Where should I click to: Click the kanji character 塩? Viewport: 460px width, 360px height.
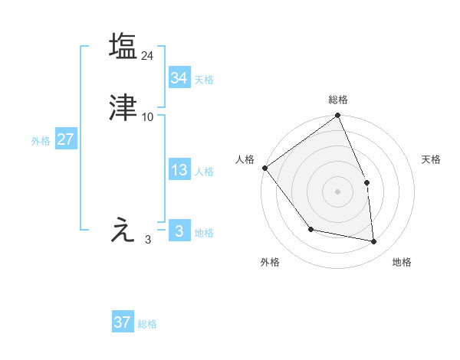click(x=123, y=46)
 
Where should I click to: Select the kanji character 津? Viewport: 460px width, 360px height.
click(x=123, y=108)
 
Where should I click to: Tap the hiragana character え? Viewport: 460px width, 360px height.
click(x=123, y=230)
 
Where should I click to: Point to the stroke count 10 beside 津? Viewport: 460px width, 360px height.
click(x=148, y=117)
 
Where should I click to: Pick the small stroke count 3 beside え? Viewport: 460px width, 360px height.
click(x=148, y=240)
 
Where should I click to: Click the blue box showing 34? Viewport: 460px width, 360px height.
click(x=179, y=77)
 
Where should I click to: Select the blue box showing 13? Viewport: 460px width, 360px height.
click(x=179, y=170)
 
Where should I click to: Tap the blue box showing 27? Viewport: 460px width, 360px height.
click(x=65, y=139)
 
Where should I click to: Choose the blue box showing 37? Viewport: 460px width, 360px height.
click(x=123, y=322)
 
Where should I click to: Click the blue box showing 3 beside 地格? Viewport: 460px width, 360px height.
click(x=179, y=231)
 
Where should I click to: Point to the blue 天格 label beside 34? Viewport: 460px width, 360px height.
click(x=204, y=79)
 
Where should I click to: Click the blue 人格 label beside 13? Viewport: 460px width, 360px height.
click(x=204, y=172)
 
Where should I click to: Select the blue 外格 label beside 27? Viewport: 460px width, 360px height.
click(x=41, y=141)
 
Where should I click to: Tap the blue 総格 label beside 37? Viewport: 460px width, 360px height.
click(x=147, y=324)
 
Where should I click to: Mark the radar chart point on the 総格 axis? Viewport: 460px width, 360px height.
click(x=337, y=116)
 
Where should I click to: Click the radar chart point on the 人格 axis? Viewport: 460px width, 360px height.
click(x=264, y=168)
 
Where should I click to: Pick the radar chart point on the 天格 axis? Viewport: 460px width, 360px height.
click(x=366, y=182)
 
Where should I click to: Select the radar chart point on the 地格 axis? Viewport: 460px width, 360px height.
click(x=373, y=241)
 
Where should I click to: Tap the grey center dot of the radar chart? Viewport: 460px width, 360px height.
click(x=337, y=191)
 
